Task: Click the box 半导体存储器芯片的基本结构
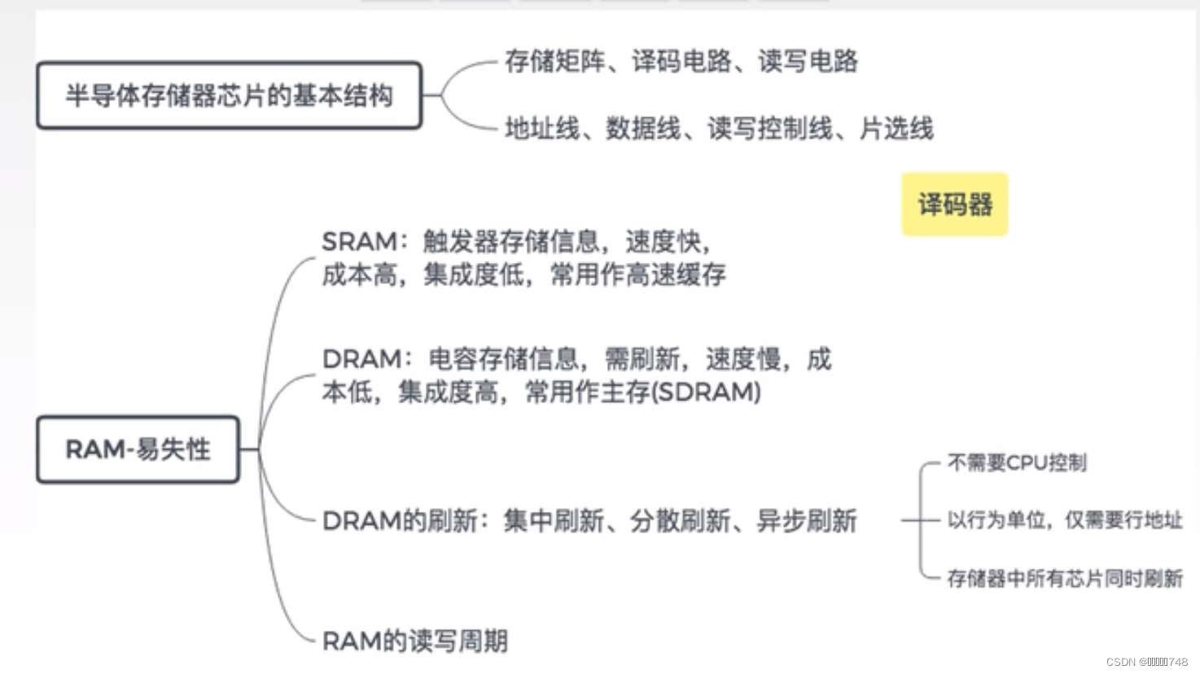[229, 95]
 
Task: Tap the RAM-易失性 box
[138, 449]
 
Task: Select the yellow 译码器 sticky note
[954, 204]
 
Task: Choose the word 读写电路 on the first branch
[808, 61]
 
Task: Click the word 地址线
[541, 128]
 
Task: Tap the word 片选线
[896, 128]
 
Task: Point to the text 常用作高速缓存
[637, 275]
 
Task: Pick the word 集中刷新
[554, 521]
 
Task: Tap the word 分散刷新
[680, 521]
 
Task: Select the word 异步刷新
[806, 521]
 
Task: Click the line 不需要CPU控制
[1017, 463]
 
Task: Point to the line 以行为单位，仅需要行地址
[1064, 520]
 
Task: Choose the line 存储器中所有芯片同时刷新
[1064, 579]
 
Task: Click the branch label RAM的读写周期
[415, 641]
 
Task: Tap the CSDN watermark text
[1146, 662]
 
